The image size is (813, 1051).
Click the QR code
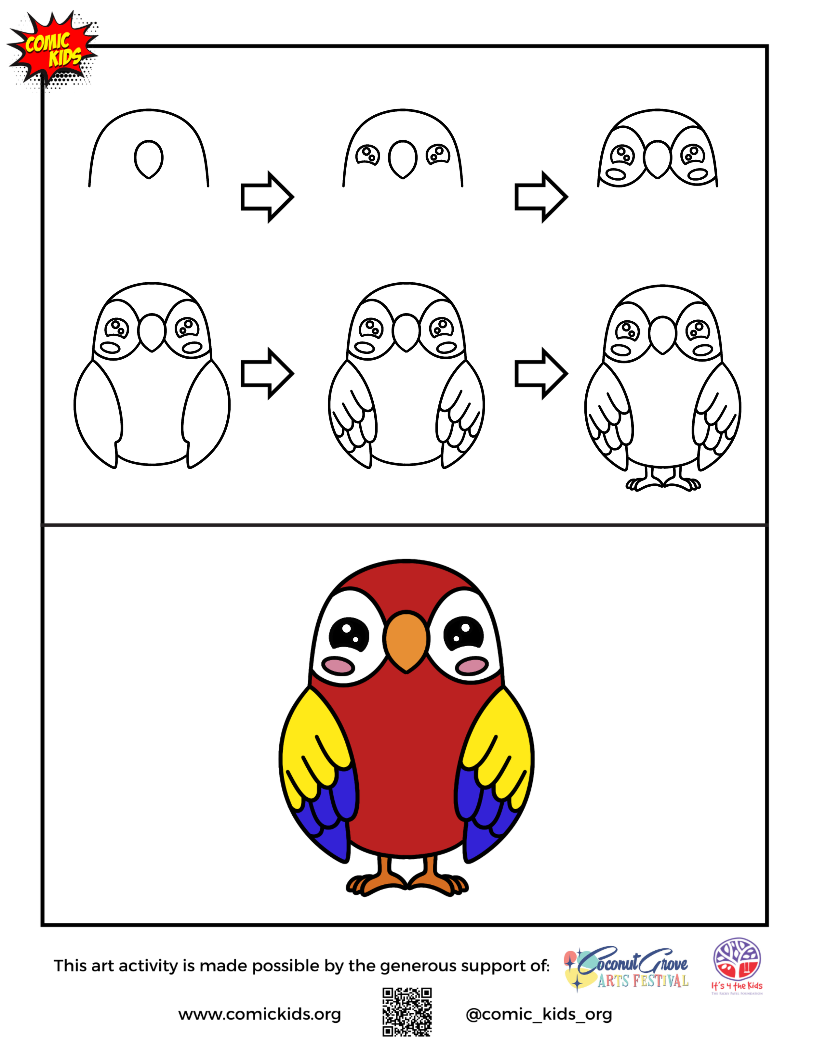[x=407, y=1012]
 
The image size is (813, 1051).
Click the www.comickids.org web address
[x=259, y=1014]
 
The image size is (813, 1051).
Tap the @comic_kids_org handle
[x=539, y=1014]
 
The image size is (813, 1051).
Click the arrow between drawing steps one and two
[x=267, y=197]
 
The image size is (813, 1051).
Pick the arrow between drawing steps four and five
[x=267, y=373]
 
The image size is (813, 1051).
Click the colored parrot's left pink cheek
[x=339, y=666]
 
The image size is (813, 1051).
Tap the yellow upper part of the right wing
[x=501, y=736]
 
